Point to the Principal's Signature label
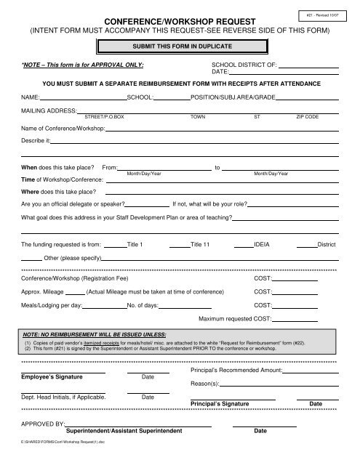click(x=220, y=402)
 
